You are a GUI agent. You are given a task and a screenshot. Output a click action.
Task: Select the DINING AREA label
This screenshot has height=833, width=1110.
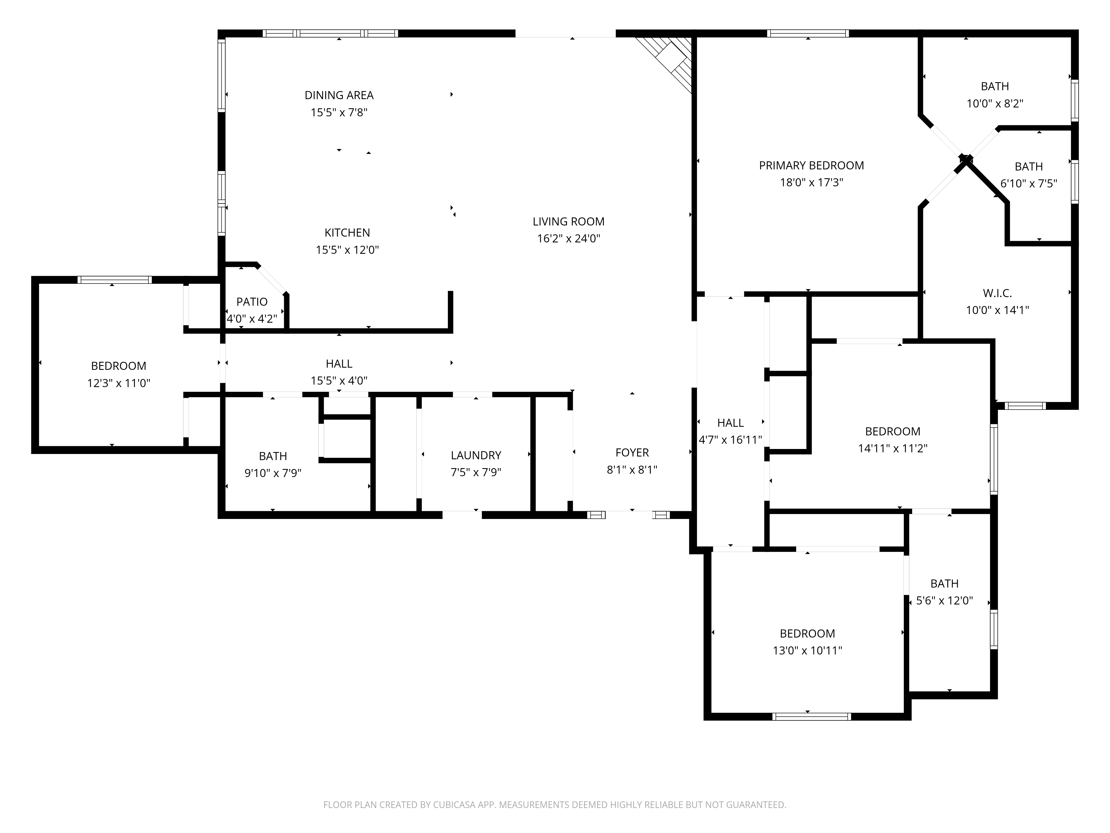click(339, 95)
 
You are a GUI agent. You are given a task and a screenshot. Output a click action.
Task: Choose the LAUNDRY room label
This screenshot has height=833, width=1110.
click(476, 455)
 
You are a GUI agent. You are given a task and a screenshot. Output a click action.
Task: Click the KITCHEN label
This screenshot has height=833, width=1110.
click(347, 232)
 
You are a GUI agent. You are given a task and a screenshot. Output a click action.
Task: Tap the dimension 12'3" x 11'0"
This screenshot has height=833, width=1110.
click(118, 383)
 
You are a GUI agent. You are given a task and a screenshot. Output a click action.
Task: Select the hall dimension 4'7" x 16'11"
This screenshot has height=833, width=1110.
click(730, 440)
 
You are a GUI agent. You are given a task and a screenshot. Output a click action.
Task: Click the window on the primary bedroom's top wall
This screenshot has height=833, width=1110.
click(808, 34)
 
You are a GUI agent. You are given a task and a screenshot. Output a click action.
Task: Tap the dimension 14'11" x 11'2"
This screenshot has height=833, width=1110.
click(892, 448)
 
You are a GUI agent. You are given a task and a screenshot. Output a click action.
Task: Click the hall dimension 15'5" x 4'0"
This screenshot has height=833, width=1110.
click(339, 381)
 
